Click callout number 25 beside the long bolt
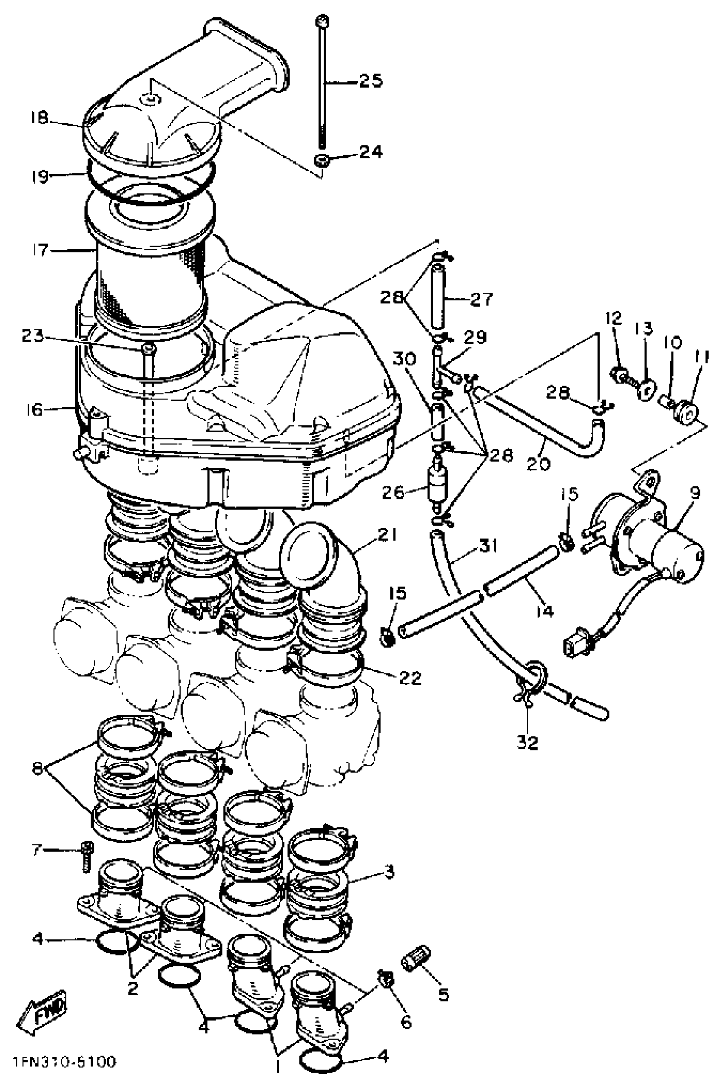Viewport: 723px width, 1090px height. pos(371,81)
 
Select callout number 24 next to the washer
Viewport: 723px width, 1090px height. pos(371,152)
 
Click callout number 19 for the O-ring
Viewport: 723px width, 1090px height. pos(40,176)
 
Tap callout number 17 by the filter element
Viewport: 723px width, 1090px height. pos(40,250)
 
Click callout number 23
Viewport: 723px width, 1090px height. pos(33,336)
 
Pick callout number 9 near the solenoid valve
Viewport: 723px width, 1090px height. pos(695,493)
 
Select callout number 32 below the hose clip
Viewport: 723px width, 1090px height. pos(527,742)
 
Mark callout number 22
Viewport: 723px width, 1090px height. pos(410,678)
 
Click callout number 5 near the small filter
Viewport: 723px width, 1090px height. pos(443,994)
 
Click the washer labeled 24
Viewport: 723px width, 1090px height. pos(321,161)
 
